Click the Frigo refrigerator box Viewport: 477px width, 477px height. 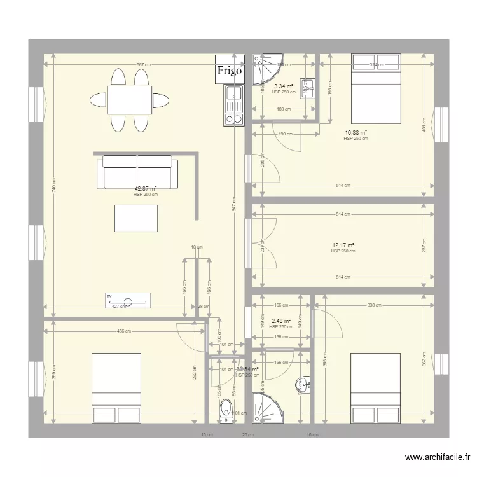[x=230, y=71]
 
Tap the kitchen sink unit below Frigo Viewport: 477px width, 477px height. [x=234, y=105]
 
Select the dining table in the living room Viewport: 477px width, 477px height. [x=130, y=99]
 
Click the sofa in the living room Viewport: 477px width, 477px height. [x=137, y=172]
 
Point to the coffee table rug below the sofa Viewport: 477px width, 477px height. [x=135, y=218]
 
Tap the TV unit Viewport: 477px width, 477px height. [x=127, y=300]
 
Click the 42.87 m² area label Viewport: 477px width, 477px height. [x=145, y=188]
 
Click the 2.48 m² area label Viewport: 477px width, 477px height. [x=280, y=321]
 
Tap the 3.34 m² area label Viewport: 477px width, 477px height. [x=283, y=86]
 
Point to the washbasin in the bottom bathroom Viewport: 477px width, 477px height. [x=303, y=384]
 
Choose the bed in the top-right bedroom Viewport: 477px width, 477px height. [x=375, y=89]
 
